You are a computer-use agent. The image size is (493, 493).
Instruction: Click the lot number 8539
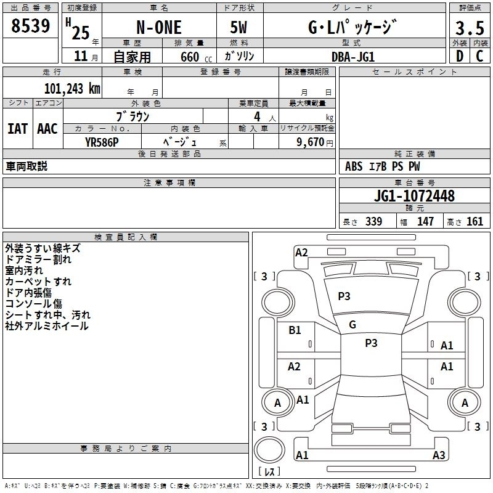click(x=30, y=26)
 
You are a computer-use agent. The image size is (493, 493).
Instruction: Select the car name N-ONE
click(x=159, y=27)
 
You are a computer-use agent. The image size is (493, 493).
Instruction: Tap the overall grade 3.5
click(x=470, y=28)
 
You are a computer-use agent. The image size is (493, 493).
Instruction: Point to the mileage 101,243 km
click(x=72, y=89)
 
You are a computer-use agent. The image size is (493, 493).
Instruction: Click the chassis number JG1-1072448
click(x=414, y=196)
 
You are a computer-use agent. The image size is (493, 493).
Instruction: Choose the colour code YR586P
click(x=102, y=142)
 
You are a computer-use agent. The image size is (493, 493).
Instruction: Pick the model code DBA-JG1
click(x=353, y=57)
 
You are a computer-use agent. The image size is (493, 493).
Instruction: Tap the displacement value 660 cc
click(x=196, y=57)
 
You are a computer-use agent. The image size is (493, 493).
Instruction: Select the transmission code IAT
click(x=18, y=129)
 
